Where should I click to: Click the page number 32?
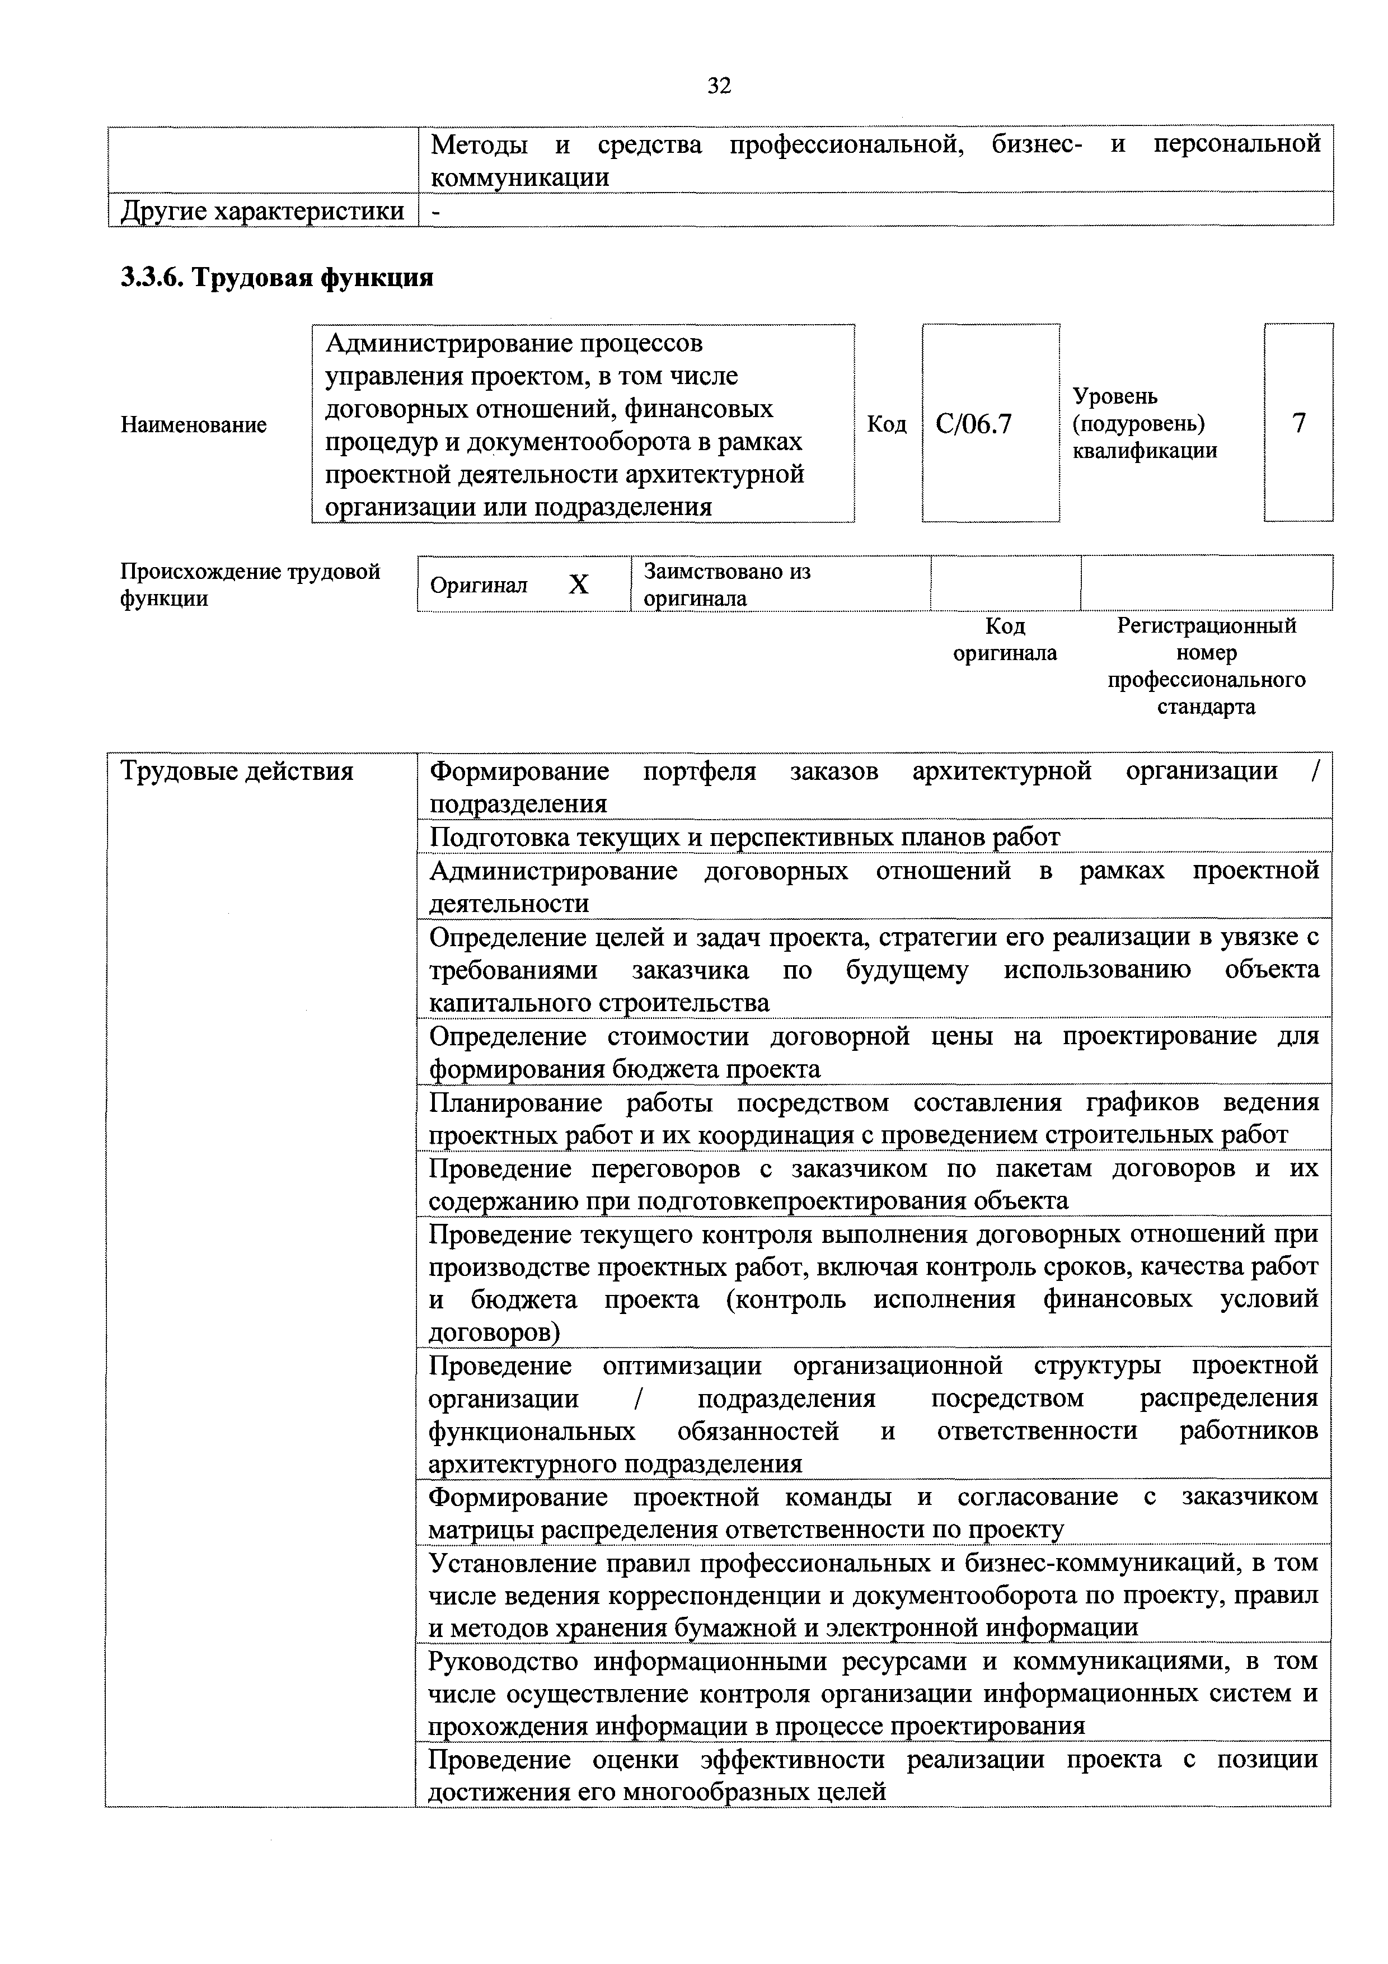point(719,86)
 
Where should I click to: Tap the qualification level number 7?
point(1298,423)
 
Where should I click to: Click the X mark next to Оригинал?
point(579,584)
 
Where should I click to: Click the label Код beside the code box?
point(887,424)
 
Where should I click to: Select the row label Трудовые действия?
point(237,771)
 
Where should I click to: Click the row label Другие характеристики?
point(262,211)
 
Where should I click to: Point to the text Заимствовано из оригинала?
point(727,584)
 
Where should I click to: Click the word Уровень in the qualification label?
point(1115,396)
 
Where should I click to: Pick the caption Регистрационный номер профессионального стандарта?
point(1206,666)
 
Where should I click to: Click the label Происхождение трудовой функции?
point(250,584)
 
